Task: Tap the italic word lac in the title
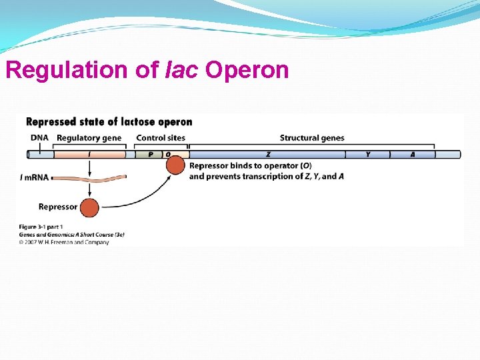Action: [x=181, y=70]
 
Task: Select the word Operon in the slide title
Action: [x=247, y=70]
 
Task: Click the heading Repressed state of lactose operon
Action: [x=109, y=122]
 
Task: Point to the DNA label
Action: [x=39, y=138]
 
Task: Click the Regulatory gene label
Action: [x=89, y=138]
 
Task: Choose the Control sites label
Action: [x=161, y=138]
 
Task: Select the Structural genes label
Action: [x=312, y=138]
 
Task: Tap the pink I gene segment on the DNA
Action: [x=89, y=154]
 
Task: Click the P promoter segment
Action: [x=151, y=154]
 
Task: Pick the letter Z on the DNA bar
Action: [x=268, y=154]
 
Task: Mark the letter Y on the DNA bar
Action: [x=368, y=154]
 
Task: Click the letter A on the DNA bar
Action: [x=413, y=154]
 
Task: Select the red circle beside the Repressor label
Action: [x=89, y=207]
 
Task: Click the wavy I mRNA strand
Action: [x=89, y=178]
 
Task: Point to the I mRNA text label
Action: [x=35, y=177]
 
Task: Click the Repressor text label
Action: [x=58, y=207]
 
